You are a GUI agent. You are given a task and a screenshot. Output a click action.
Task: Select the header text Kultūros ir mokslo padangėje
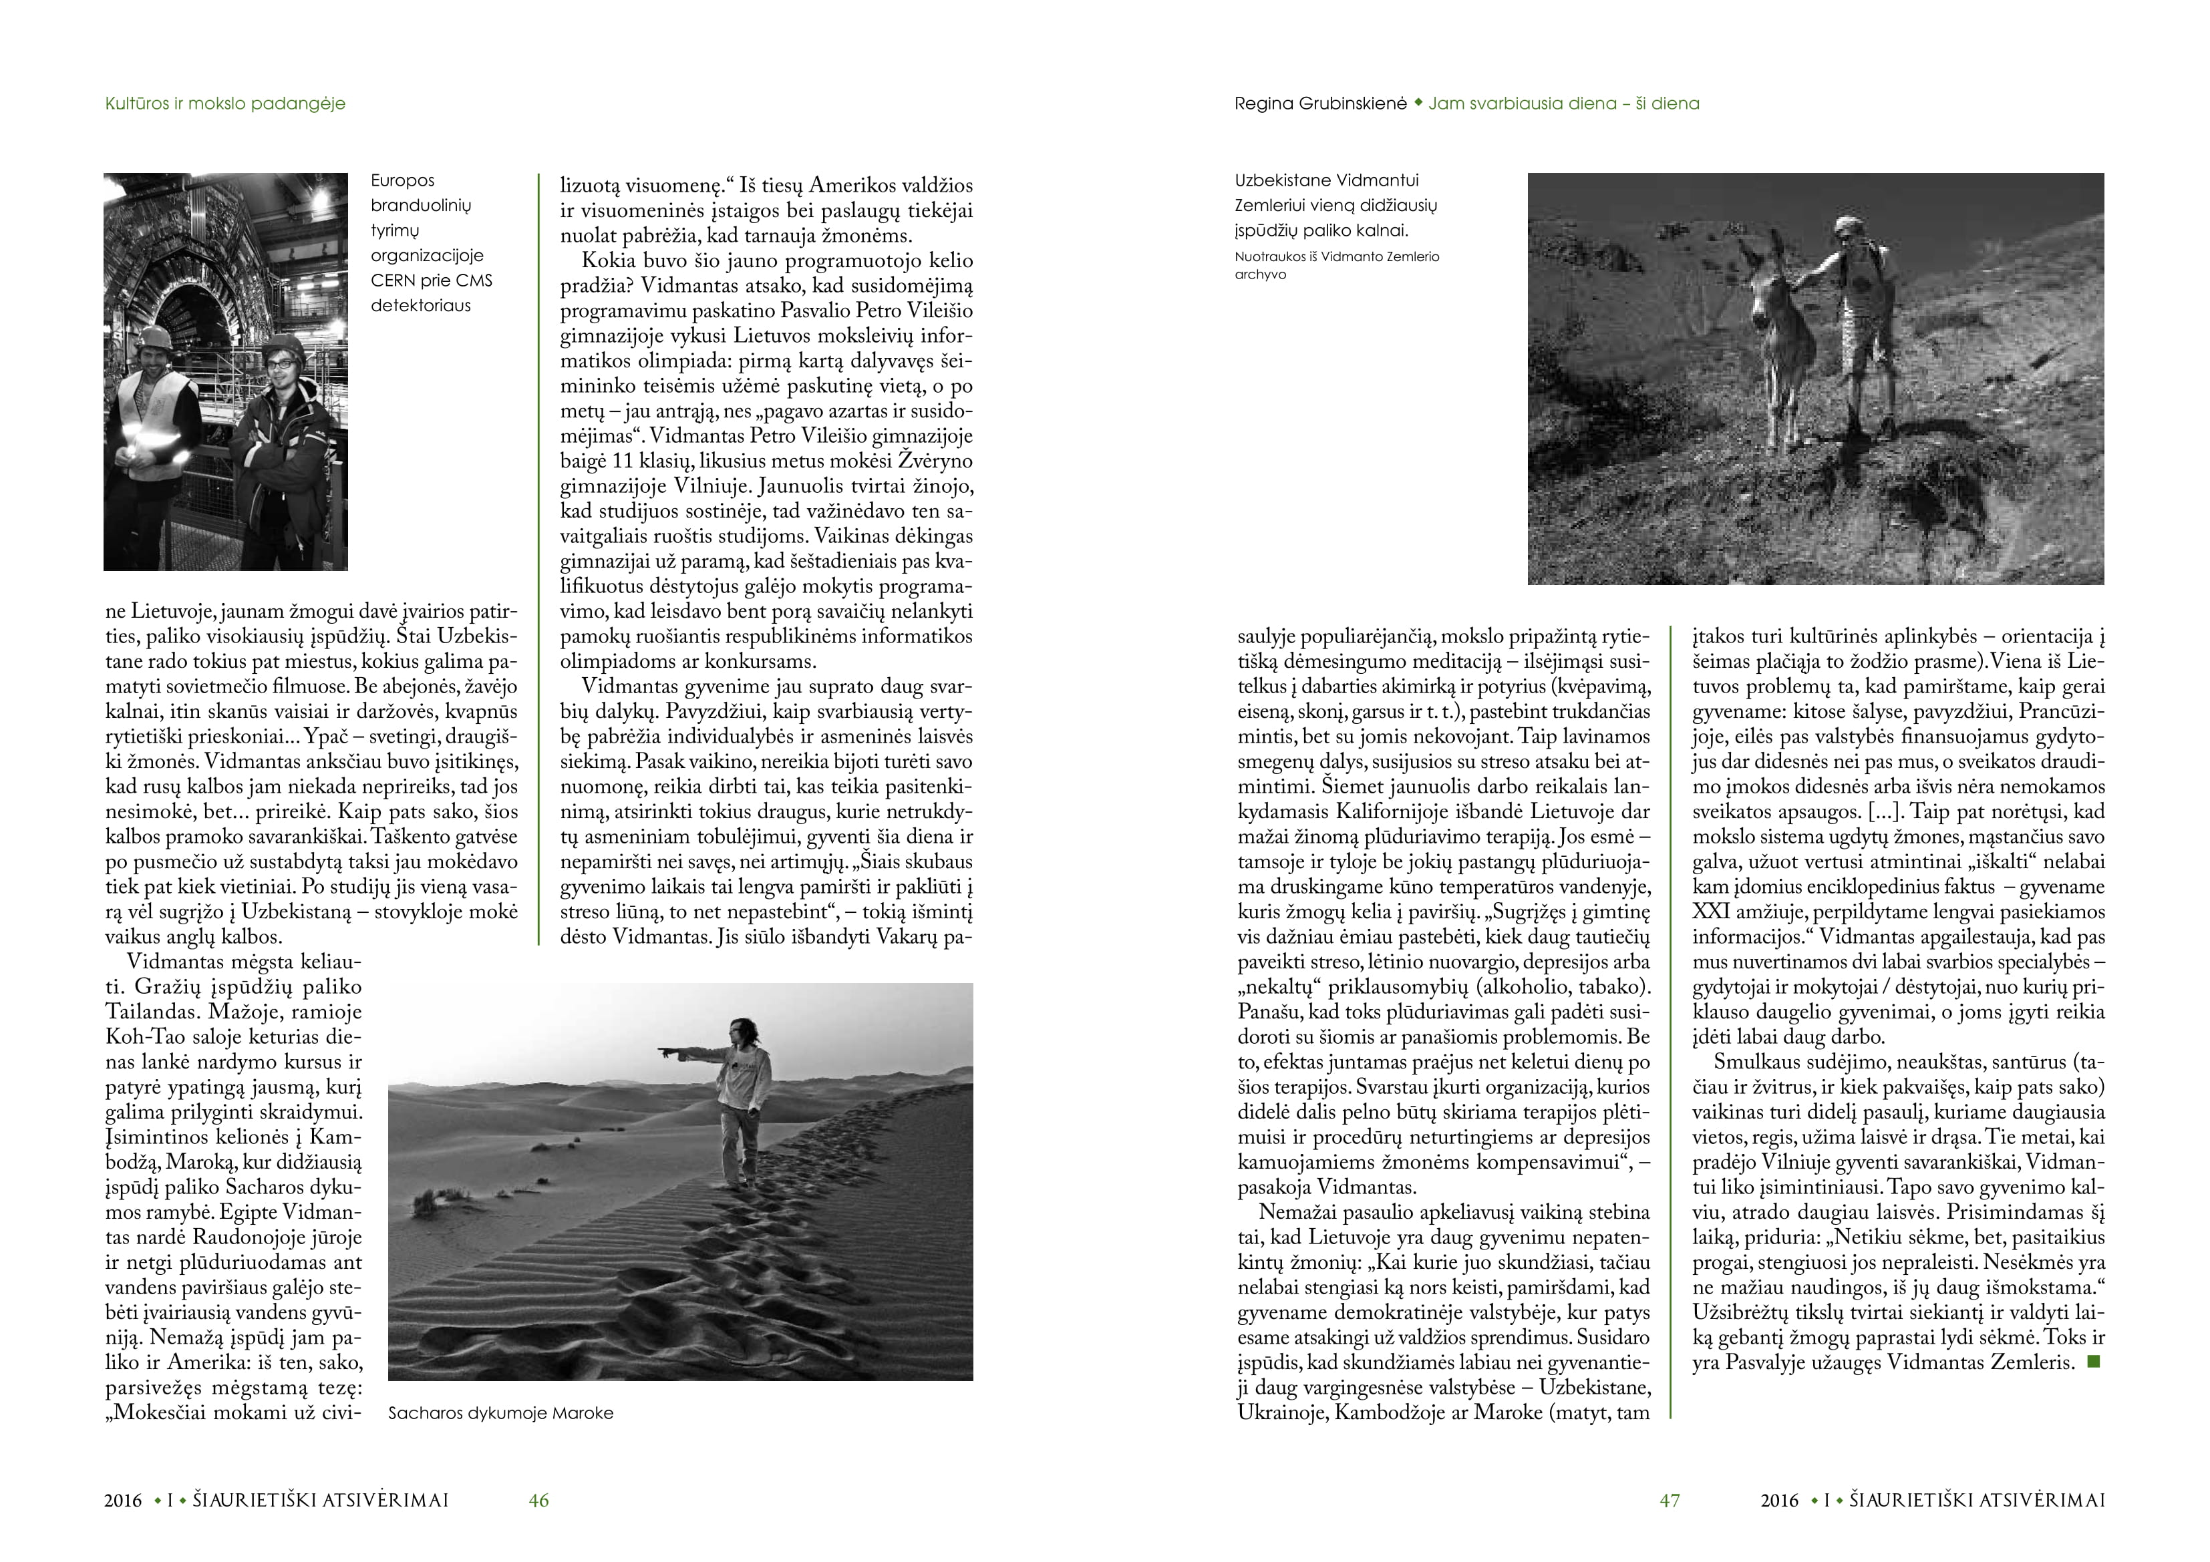225,103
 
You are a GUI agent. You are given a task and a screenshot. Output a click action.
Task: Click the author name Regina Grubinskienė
1321,103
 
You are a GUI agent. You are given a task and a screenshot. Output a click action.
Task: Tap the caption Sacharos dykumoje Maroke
500,1413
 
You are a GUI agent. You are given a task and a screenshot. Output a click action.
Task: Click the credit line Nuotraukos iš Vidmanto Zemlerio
1337,257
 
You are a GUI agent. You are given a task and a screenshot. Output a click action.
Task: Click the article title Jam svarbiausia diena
1563,103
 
